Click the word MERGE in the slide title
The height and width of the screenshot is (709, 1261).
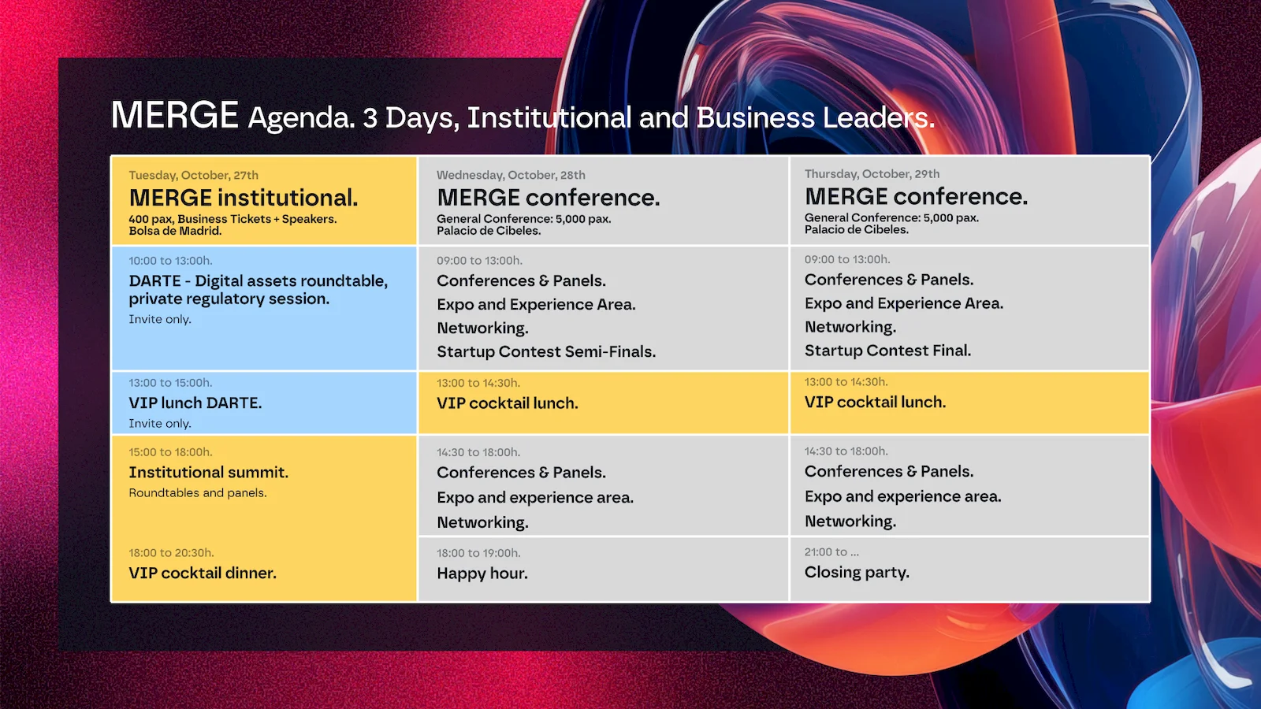pos(174,115)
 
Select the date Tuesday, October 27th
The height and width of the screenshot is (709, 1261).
pos(194,175)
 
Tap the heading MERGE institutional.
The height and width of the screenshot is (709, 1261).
pos(244,198)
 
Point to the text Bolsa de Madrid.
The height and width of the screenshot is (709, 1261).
pos(175,231)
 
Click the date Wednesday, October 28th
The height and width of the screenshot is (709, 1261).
pos(511,175)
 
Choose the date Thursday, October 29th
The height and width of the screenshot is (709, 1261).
pos(872,174)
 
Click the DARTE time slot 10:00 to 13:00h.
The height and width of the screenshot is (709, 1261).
pos(170,261)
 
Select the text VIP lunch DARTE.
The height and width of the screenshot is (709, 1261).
pos(195,403)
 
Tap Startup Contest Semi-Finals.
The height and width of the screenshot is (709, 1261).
pos(546,351)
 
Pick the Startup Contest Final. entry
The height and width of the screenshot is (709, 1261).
pos(887,351)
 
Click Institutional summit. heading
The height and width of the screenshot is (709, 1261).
pos(208,472)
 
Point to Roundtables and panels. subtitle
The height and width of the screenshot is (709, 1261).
pos(198,493)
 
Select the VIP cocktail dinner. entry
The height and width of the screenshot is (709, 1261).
pos(203,573)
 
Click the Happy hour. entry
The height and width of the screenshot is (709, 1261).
pos(482,574)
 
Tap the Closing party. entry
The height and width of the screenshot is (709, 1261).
pos(857,572)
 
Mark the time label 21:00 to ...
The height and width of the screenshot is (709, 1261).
pos(826,552)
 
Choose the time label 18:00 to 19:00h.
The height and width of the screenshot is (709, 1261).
pos(478,553)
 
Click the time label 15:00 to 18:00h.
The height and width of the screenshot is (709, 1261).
pos(170,452)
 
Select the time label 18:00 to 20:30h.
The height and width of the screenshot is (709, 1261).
pos(171,552)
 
